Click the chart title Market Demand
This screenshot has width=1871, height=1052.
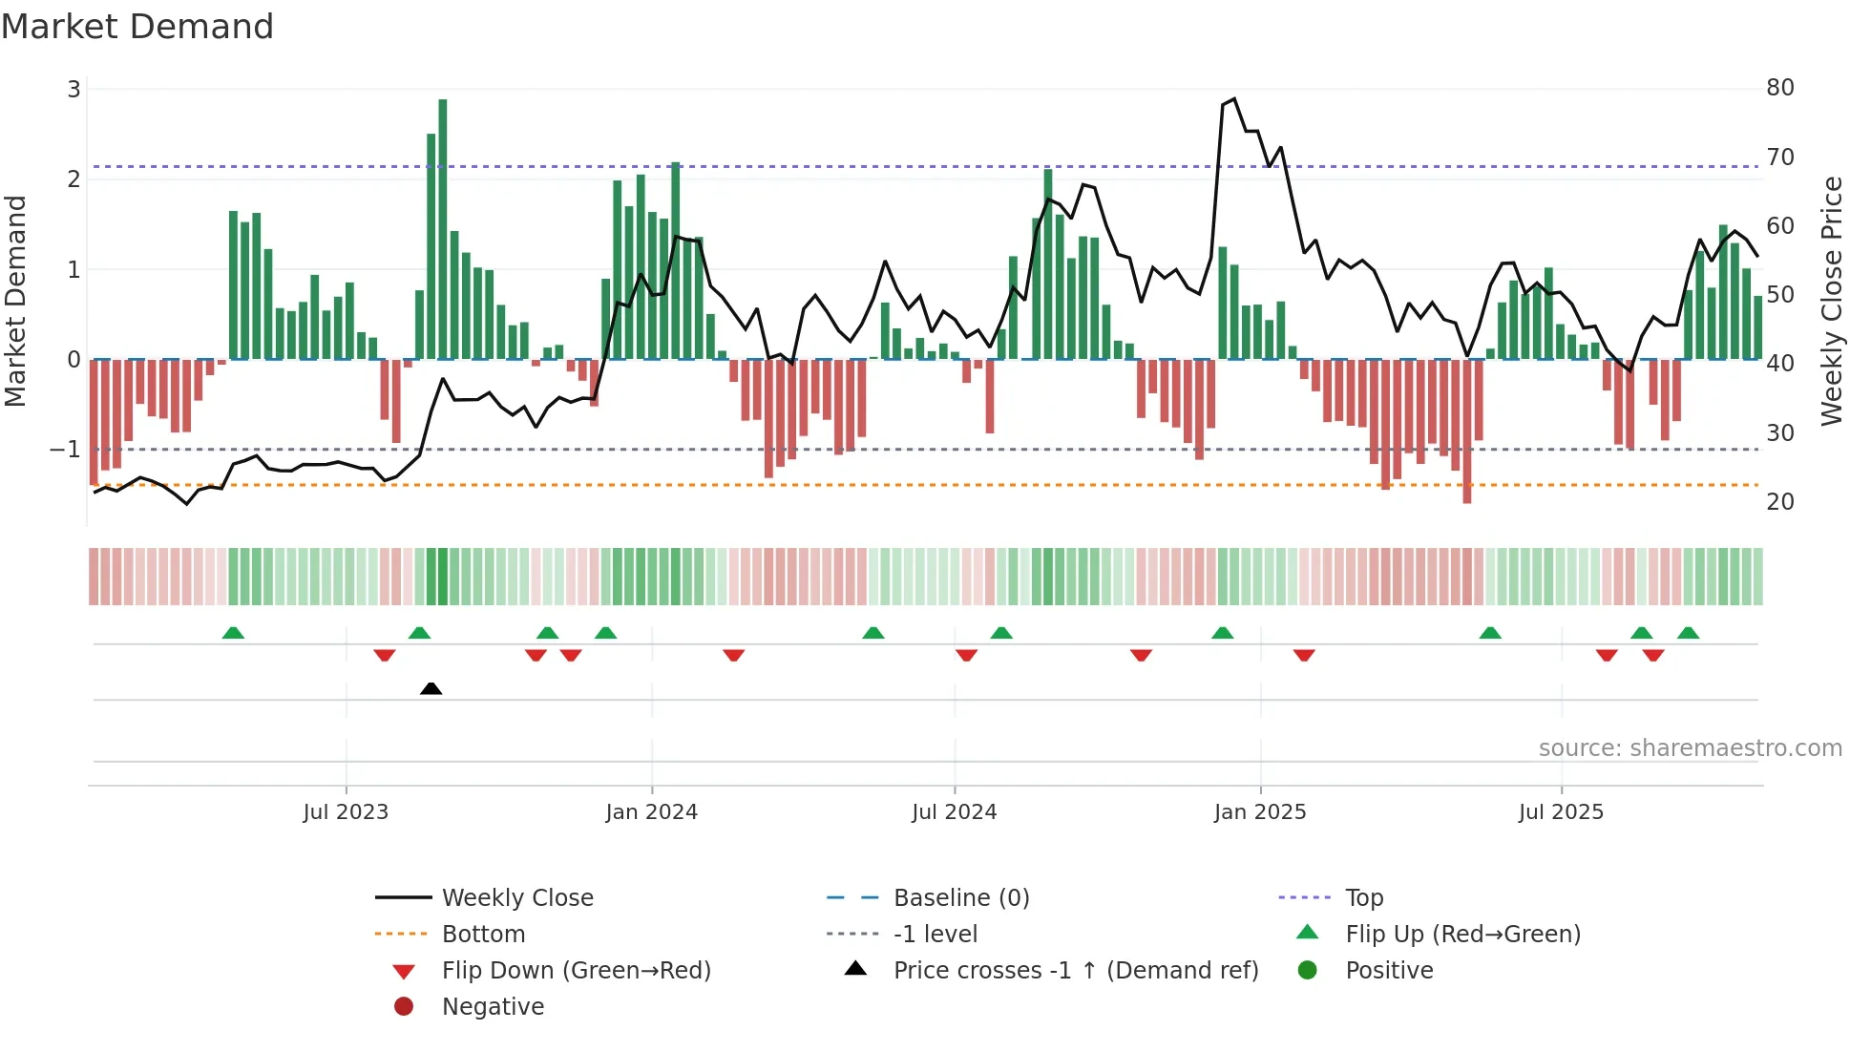(x=137, y=27)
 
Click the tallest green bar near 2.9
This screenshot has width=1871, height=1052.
(x=443, y=229)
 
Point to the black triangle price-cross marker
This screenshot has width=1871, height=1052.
(x=431, y=688)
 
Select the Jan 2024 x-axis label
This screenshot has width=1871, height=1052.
(x=651, y=812)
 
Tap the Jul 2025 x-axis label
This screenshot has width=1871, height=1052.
(x=1561, y=812)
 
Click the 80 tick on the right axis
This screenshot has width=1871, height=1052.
(x=1779, y=88)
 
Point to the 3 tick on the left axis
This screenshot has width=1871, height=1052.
(x=74, y=90)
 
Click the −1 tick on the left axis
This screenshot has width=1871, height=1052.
(x=65, y=449)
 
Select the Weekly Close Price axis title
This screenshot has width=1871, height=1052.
(x=1831, y=301)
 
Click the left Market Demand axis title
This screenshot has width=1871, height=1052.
(x=15, y=301)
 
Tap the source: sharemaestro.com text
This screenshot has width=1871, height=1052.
(x=1690, y=748)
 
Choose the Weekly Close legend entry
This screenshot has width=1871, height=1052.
(x=516, y=898)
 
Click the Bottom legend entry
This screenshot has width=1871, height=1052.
(x=483, y=935)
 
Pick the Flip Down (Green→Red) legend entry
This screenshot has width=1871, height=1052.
(x=576, y=971)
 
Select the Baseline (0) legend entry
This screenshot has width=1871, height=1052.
(x=960, y=898)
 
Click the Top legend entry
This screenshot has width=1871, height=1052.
(x=1363, y=898)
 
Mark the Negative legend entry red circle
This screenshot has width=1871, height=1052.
(x=404, y=1007)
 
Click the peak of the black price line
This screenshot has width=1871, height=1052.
(x=1234, y=98)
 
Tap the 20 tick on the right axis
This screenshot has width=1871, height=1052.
(x=1779, y=502)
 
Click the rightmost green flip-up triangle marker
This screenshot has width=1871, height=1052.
(x=1688, y=633)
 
